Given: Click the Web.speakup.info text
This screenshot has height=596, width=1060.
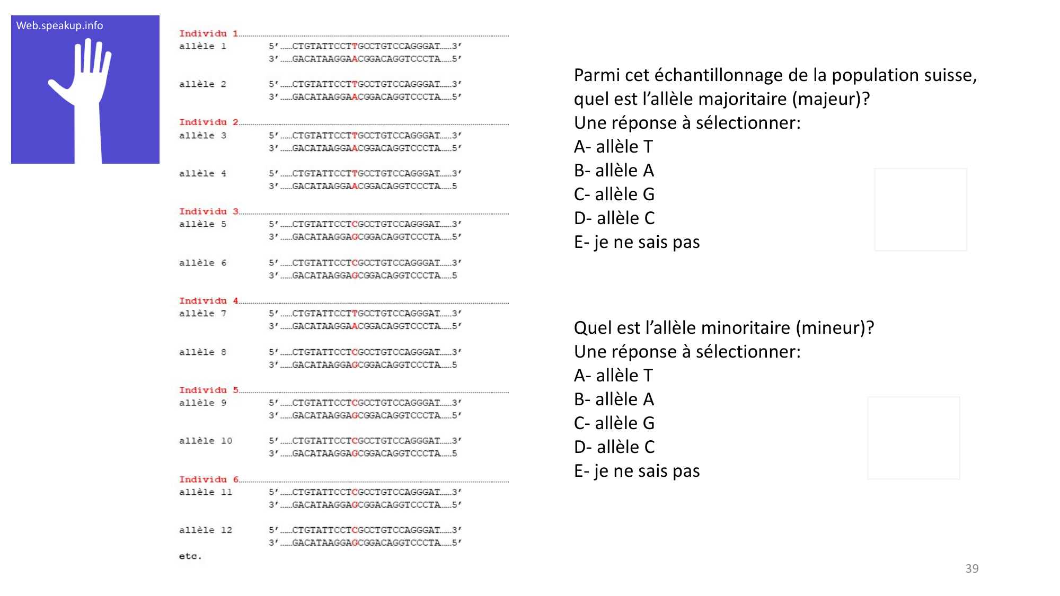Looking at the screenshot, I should coord(59,25).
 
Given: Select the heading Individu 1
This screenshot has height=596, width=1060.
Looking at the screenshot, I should coord(208,33).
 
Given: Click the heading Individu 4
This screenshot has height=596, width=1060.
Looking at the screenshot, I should coord(208,300).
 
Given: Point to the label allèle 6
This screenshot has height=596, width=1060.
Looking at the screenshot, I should coord(202,263).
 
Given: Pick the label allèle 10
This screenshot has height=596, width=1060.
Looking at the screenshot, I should coord(205,441).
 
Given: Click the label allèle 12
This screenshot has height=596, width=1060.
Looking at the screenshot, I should coord(205,530).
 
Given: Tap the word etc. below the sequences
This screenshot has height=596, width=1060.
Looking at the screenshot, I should coord(190,556).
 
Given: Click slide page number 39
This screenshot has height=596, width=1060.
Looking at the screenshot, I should coord(971,568).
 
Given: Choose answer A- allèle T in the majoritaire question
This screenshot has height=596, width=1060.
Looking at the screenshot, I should coord(613,146).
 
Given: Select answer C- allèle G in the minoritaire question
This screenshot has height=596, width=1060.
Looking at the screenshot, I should coord(614,423).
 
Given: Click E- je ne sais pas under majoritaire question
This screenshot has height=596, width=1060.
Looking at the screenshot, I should coord(637,242).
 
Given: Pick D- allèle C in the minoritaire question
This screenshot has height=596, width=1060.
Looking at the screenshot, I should coord(614,447).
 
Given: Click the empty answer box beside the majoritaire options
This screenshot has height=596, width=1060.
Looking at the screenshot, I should coord(920,209).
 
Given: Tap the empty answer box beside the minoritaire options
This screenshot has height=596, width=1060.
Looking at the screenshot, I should coord(913,438).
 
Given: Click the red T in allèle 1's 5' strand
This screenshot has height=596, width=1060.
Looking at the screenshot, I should coord(355,46).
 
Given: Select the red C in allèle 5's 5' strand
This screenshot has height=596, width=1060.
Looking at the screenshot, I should coord(355,224).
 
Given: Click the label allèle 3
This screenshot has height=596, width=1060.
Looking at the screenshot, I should coord(202,136).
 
